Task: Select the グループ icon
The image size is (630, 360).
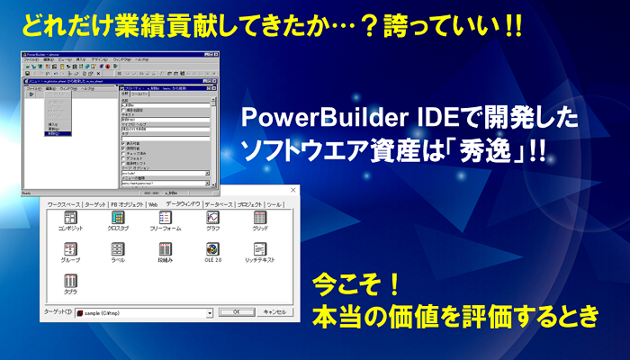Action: [69, 249]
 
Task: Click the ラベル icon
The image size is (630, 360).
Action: [117, 249]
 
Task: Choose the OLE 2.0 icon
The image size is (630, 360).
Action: [212, 249]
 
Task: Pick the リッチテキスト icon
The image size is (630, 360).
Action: [260, 249]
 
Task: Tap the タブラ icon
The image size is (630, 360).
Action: [69, 282]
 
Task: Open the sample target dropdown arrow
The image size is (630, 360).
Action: [210, 312]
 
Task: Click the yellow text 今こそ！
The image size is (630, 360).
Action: [355, 288]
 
